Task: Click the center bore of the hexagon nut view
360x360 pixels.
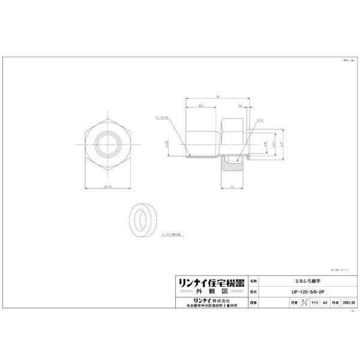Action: (x=108, y=146)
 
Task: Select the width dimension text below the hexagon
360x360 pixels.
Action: (x=108, y=187)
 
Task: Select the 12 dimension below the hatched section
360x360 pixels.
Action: (x=230, y=187)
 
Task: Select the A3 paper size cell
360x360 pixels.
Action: (x=325, y=303)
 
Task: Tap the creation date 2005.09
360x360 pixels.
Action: (x=349, y=303)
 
